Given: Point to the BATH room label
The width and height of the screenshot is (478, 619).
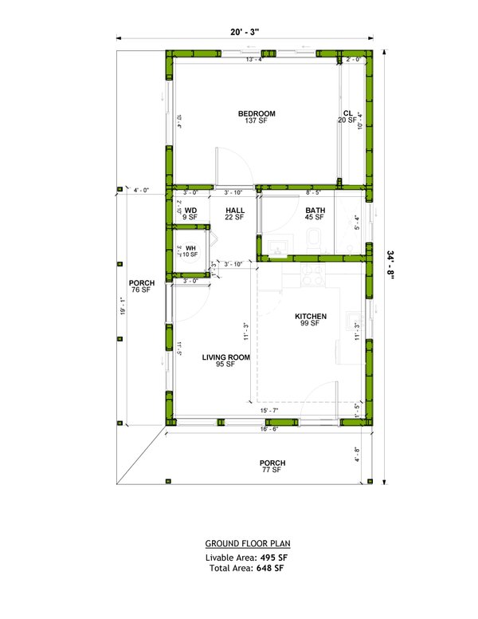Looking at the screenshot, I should tap(314, 212).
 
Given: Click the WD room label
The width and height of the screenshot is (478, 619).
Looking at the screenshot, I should tap(190, 212).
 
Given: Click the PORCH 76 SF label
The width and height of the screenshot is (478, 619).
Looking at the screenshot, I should tap(141, 286).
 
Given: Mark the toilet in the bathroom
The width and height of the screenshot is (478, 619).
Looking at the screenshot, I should tap(313, 239).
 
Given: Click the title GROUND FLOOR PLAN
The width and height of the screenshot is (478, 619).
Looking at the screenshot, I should tap(245, 543).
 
